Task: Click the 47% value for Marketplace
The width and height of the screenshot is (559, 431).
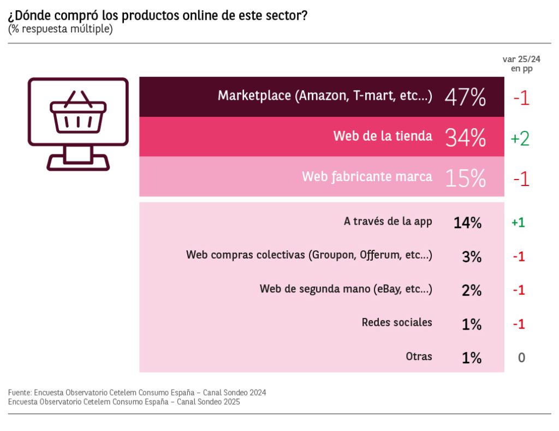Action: [465, 98]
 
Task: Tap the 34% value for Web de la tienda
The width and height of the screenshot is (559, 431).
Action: [465, 138]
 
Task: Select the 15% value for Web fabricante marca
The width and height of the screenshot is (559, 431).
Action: [465, 178]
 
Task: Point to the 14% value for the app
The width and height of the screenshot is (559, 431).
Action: [467, 222]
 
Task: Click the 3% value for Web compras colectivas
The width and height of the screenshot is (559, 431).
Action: [472, 256]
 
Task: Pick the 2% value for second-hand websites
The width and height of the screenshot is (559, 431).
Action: [472, 290]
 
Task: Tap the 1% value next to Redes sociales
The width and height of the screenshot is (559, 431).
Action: [472, 324]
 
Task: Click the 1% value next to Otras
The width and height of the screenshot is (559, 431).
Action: [472, 358]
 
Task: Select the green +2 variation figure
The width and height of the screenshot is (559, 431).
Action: [520, 139]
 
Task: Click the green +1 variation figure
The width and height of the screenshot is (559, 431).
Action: [518, 223]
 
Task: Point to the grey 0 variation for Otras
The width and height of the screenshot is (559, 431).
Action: [521, 358]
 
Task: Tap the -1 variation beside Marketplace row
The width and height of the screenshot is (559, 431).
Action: [521, 98]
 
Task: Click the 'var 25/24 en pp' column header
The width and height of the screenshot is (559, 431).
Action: [521, 64]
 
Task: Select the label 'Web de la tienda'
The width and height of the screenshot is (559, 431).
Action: [383, 136]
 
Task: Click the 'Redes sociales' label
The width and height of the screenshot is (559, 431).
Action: [397, 322]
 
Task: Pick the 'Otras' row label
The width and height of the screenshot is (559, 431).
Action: [419, 356]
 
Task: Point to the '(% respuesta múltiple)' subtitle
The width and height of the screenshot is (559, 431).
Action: [60, 29]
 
